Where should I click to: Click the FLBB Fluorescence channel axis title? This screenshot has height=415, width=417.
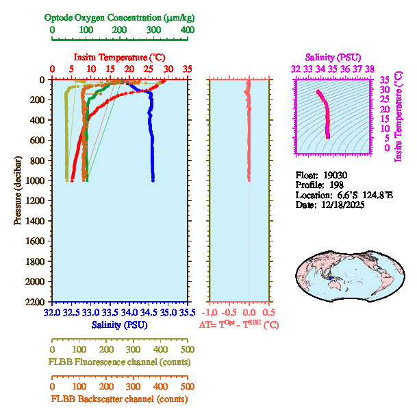pyautogui.click(x=119, y=361)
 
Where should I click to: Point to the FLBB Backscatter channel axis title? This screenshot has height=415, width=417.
pyautogui.click(x=119, y=399)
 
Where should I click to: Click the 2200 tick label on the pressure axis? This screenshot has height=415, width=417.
pyautogui.click(x=36, y=302)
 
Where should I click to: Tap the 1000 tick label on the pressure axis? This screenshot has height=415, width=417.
pyautogui.click(x=36, y=180)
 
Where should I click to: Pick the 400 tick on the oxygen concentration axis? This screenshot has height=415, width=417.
pyautogui.click(x=186, y=30)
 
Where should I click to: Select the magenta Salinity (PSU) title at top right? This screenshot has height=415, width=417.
pyautogui.click(x=332, y=57)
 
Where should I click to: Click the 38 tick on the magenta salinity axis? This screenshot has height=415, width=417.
pyautogui.click(x=369, y=69)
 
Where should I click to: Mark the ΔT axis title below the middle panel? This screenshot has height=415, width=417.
pyautogui.click(x=239, y=324)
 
